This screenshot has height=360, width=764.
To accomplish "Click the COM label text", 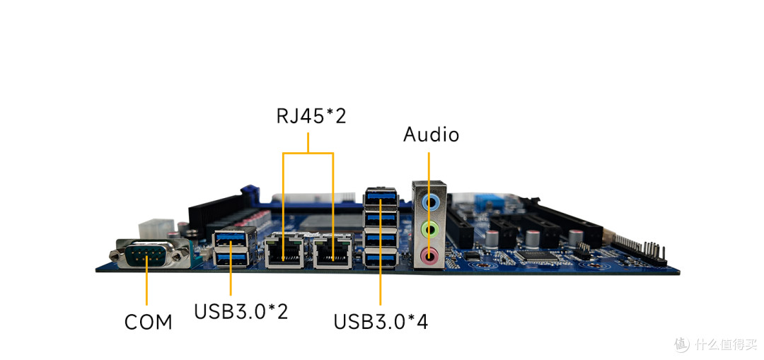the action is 148,322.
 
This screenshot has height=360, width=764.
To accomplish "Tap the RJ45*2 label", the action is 311,117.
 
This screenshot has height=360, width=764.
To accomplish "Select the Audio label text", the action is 431,134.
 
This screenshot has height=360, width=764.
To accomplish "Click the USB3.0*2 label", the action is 241,312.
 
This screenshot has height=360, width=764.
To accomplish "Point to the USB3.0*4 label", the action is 381,322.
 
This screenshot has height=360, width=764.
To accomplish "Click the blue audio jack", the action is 429,202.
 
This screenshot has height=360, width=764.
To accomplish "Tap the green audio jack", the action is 429,228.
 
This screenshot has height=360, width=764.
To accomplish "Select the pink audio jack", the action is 429,254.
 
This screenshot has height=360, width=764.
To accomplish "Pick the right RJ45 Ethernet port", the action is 333,251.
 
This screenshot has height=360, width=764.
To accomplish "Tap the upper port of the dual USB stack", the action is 234,238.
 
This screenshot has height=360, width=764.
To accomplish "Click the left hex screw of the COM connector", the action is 116,255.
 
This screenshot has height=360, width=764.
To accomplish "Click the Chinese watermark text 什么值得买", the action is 726,344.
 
